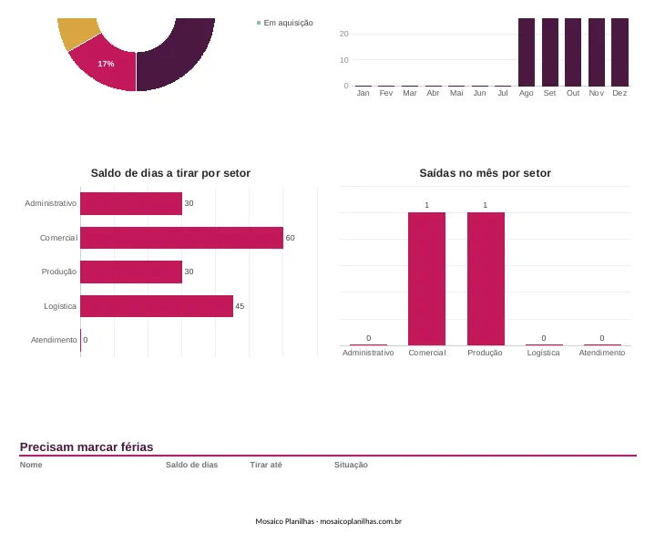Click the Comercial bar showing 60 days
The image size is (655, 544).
pos(181,238)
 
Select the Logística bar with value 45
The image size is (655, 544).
pos(157,306)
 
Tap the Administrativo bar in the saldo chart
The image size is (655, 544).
pos(131,203)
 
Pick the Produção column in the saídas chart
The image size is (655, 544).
pos(486,279)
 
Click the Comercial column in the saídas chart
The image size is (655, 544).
pos(426,279)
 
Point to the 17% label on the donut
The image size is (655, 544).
pos(106,64)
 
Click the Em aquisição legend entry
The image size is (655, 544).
pos(285,23)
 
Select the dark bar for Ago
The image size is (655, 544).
pos(527,52)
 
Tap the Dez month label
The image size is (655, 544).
pos(619,93)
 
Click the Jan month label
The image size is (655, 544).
pos(363,93)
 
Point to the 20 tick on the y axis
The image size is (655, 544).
pos(343,34)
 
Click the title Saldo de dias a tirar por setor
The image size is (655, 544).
pos(170,173)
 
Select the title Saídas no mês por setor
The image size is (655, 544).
pos(485,173)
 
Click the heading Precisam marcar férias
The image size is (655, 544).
pos(87,447)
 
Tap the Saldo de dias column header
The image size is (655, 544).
pos(191,465)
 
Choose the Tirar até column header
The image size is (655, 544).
pos(266,465)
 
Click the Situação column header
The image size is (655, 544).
pos(351,465)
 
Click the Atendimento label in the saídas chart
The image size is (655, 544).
pos(602,353)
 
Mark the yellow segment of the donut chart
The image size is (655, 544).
pos(78,33)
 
